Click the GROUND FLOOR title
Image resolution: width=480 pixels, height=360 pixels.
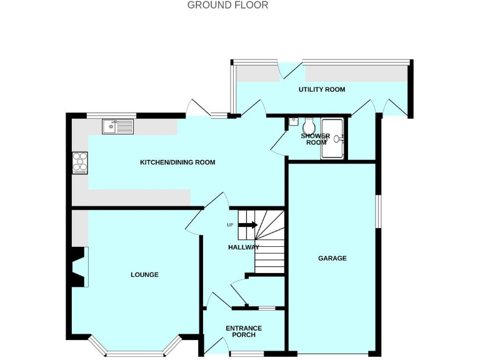coord(228,5)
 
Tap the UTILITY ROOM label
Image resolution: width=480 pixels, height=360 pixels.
coord(322,89)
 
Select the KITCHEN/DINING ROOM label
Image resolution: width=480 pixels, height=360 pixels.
coord(177,162)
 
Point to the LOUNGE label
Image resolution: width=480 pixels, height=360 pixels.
coord(144,274)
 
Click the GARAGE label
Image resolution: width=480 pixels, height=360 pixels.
coord(332,258)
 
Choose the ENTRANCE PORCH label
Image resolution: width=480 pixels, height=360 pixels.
coord(243,332)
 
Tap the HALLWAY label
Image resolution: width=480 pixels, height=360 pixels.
coord(243,247)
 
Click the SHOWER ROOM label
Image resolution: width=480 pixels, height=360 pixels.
coord(315,139)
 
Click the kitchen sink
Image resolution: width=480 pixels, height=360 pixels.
coord(118,127)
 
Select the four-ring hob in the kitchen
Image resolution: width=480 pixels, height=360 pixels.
coord(80,162)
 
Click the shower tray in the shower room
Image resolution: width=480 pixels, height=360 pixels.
coord(332,139)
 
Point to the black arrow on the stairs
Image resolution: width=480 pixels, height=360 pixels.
coord(248,225)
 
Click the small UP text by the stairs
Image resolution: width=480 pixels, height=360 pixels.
coord(230,225)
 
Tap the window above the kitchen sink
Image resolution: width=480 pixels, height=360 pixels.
coord(103,115)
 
